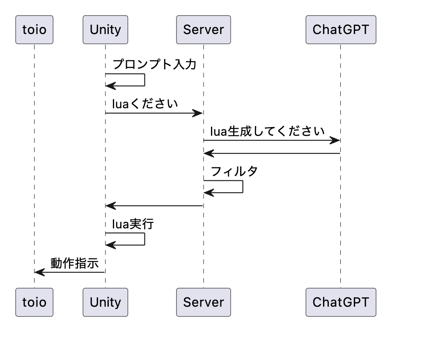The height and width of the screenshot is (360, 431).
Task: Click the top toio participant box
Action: coord(34,30)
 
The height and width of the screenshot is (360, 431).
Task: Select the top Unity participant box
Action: coord(105,30)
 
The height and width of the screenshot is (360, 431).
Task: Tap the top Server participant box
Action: coord(204,30)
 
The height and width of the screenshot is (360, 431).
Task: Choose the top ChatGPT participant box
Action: coord(341,30)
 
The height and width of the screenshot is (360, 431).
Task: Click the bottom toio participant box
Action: coord(34,302)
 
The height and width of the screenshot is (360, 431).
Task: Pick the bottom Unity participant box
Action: coord(105,302)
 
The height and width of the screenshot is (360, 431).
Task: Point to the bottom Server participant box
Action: coord(204,302)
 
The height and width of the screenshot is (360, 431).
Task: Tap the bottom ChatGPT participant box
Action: coord(341,302)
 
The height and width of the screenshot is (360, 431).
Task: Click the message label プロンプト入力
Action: coord(154,64)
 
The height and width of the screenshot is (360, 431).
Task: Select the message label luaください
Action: coord(145,104)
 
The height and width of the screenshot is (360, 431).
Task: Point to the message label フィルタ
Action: coord(234,171)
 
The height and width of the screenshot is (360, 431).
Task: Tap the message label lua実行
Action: coord(133,224)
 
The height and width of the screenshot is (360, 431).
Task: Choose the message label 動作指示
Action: coord(75,263)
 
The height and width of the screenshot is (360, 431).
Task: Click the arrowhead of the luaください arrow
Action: coord(199,113)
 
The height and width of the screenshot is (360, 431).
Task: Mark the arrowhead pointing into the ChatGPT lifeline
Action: coord(335,141)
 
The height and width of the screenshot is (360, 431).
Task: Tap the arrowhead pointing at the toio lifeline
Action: coord(39,271)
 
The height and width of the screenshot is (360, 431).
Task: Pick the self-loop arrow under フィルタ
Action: coord(242,187)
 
